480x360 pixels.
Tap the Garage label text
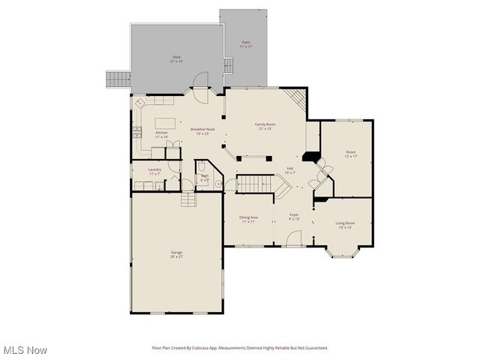coord(176,254)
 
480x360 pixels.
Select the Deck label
coord(177,58)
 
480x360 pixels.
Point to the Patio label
coord(246,43)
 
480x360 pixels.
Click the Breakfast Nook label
coord(202,130)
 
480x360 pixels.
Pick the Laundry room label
coord(154,171)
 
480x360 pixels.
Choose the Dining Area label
coord(249,219)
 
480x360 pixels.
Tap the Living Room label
coord(345,224)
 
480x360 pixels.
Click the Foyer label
coord(294,217)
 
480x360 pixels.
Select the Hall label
coord(289,169)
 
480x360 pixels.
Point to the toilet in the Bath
coord(202,168)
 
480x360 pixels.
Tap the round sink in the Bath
coord(217,182)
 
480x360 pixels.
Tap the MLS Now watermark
coord(25,350)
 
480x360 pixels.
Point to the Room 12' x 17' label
coord(350,155)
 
